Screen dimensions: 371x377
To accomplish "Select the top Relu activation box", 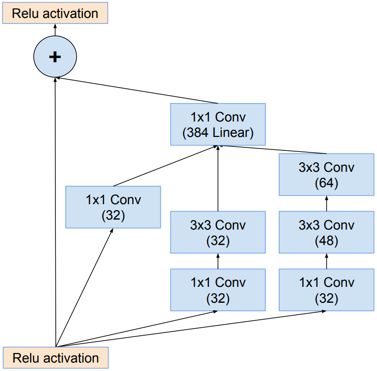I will (x=55, y=13).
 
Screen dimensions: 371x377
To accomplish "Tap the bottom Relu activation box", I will (x=55, y=358).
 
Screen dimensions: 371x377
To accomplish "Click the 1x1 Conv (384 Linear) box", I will (x=218, y=124).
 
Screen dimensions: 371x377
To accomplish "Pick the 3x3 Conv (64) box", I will (x=326, y=174).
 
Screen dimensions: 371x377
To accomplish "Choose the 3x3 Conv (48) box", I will (x=326, y=232).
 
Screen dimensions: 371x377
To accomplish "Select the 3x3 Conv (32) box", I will (x=218, y=232).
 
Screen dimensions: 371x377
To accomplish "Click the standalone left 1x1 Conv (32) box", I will (x=113, y=207).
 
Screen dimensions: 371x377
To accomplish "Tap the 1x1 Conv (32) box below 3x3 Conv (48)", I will (x=326, y=290).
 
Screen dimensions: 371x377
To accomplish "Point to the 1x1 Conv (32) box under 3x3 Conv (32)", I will (x=218, y=290).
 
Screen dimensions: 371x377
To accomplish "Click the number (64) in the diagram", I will (x=327, y=183).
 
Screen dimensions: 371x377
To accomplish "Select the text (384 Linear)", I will (x=218, y=133).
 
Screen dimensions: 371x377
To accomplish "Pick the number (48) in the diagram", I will (x=327, y=241).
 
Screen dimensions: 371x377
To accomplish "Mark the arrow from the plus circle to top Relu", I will (x=55, y=30).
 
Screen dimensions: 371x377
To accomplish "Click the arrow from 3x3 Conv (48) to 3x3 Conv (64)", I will (x=327, y=203).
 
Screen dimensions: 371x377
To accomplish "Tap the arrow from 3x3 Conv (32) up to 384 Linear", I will (x=218, y=179).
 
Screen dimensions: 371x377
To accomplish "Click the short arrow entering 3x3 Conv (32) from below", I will (x=218, y=261).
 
